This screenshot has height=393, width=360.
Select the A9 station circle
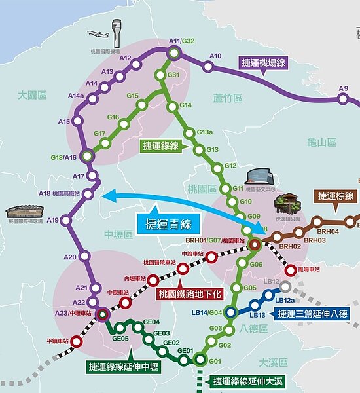(342, 99)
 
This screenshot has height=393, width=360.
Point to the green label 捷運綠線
(161, 146)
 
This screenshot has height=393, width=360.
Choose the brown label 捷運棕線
(335, 196)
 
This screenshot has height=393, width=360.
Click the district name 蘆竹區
(227, 98)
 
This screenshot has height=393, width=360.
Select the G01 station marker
(200, 360)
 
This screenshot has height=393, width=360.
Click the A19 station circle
(66, 221)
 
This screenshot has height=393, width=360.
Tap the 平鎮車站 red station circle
(76, 341)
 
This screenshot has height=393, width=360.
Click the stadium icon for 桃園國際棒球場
(24, 212)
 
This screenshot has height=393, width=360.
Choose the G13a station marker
(189, 134)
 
